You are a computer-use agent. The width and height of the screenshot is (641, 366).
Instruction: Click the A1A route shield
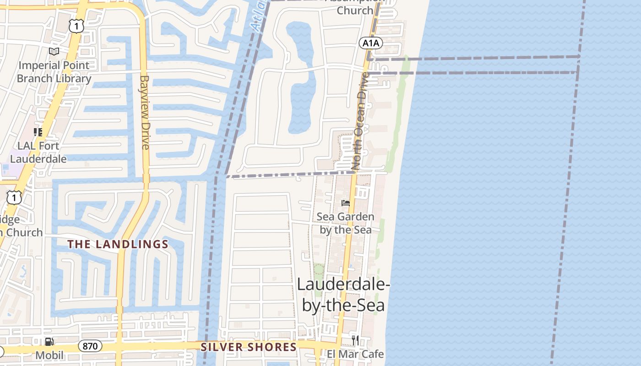click(370, 43)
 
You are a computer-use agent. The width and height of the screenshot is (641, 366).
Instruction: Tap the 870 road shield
click(90, 346)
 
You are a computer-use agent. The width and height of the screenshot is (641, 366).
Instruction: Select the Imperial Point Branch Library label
click(54, 72)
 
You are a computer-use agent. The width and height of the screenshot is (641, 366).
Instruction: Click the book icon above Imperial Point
click(54, 52)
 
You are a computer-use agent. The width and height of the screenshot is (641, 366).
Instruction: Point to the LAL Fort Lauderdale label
click(38, 152)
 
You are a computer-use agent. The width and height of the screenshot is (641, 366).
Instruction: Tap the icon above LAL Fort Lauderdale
click(38, 132)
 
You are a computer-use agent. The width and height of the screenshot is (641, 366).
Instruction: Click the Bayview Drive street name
click(145, 112)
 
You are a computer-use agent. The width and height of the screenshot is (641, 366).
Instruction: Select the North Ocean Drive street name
click(359, 121)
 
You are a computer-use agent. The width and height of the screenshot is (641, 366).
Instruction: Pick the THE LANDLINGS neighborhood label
click(118, 244)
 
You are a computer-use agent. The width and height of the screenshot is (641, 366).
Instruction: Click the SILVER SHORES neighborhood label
click(249, 347)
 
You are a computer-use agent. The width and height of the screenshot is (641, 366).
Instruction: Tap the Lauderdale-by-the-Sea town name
click(343, 294)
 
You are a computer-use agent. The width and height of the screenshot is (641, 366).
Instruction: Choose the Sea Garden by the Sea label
click(346, 223)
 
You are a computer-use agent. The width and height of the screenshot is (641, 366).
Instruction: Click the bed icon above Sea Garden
click(346, 203)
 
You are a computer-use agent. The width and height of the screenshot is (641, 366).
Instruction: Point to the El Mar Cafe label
click(355, 354)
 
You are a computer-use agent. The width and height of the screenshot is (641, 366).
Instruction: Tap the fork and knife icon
click(355, 340)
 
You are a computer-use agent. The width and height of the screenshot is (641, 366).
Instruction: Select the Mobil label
click(49, 355)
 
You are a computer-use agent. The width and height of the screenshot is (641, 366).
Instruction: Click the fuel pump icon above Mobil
click(49, 341)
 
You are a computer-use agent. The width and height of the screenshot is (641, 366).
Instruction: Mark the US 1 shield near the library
click(76, 26)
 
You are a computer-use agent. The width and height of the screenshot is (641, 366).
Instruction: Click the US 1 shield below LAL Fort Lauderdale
click(14, 197)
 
